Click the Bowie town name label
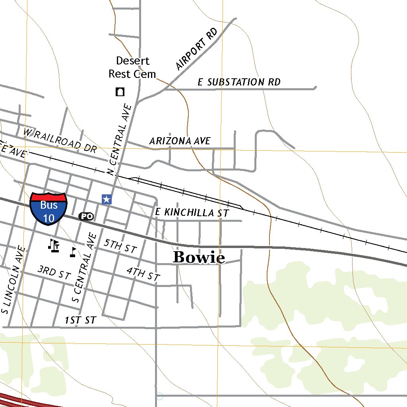coord(199,258)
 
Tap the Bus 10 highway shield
coord(48,209)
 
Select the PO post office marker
coord(86,216)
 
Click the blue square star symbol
coord(106,199)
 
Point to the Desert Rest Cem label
coord(132,67)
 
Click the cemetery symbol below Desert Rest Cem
coord(120,92)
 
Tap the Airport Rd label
coord(196,49)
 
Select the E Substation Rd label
coord(239,82)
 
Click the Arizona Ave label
coord(180,141)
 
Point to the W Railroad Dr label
coord(60,140)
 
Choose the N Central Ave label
coord(120,139)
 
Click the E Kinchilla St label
coord(192,213)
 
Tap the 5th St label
coord(120,246)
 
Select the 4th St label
coord(143,274)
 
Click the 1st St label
coord(80,320)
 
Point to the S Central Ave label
coord(84,267)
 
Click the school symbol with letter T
coord(54,245)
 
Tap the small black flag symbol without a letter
coord(73,252)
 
